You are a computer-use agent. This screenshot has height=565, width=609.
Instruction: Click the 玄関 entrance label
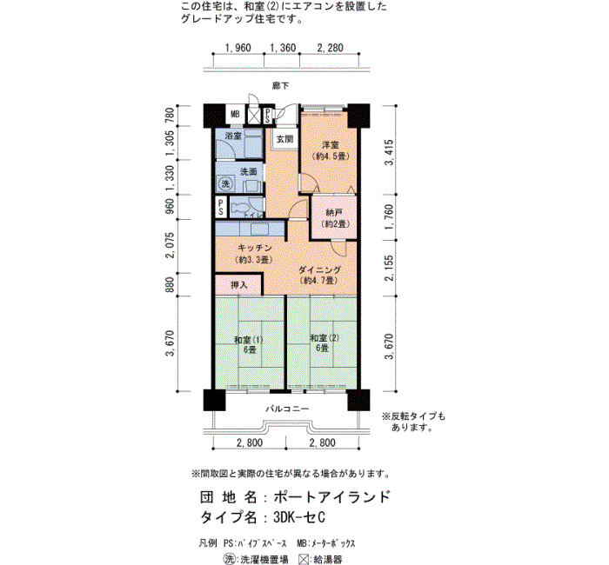284,138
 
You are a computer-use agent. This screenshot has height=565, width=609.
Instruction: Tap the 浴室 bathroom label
233,136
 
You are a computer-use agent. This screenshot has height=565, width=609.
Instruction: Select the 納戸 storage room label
334,213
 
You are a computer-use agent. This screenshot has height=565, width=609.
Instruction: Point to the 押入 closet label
239,285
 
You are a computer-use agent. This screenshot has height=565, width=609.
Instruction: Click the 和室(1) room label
249,340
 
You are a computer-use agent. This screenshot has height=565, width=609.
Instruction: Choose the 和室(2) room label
325,338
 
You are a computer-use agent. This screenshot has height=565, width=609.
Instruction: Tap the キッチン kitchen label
254,248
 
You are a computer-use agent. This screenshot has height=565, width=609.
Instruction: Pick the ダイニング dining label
319,269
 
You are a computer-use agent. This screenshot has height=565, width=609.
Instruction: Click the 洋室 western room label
331,145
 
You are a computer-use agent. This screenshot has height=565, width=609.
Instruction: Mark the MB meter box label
235,114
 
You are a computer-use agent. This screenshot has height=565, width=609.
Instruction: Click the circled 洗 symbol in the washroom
225,183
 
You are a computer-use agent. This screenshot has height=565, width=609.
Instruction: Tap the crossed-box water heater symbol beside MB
254,116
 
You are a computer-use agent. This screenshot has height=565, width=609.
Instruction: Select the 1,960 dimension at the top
238,48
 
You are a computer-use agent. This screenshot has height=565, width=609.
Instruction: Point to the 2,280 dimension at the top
330,48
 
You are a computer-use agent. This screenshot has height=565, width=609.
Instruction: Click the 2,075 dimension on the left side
170,245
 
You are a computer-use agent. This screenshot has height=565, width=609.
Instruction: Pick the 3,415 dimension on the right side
389,152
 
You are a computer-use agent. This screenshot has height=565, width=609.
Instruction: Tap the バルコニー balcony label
287,409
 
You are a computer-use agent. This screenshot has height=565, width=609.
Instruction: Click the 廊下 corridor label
280,85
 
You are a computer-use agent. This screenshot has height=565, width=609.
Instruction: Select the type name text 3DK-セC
299,517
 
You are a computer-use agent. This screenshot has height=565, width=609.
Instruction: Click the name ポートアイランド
331,496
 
